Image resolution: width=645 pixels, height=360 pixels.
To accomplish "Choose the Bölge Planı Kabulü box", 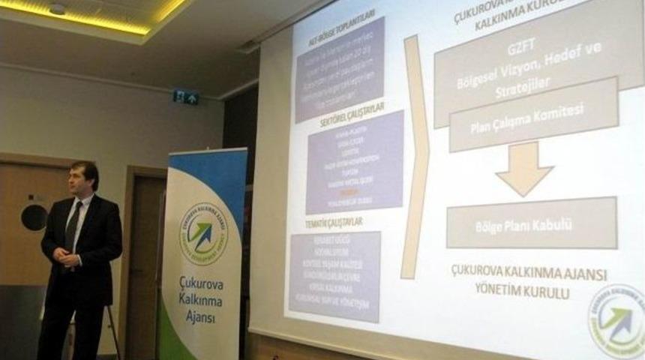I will point(531,223).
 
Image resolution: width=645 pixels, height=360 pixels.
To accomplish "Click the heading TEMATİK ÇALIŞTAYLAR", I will point(325,222).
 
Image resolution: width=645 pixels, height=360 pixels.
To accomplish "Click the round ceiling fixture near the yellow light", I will point(57,9).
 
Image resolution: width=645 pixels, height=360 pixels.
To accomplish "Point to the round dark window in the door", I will point(34,217).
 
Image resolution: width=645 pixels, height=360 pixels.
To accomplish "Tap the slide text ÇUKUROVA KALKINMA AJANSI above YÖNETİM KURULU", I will point(529,273).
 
